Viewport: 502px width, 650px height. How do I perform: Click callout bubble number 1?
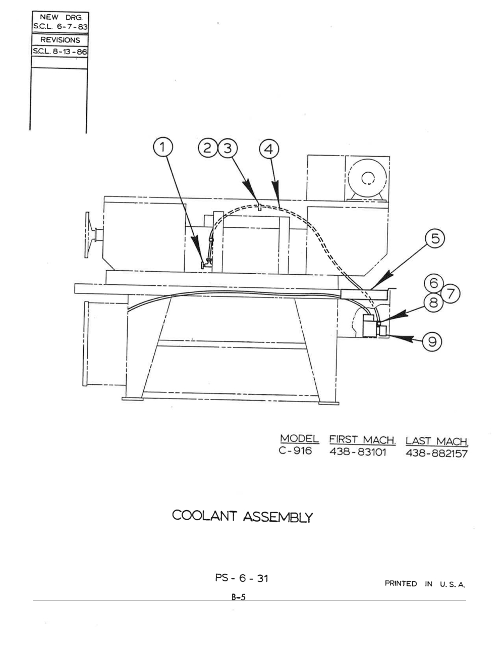162,147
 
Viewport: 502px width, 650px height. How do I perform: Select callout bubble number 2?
208,148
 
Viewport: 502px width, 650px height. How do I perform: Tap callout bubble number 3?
228,148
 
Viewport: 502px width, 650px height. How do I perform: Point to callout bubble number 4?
269,149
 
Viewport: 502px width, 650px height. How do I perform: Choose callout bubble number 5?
435,239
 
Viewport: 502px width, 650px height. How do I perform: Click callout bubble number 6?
434,283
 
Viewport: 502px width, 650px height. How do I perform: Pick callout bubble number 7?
451,294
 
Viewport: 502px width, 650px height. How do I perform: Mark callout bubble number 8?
434,303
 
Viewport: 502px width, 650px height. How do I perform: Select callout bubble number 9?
432,341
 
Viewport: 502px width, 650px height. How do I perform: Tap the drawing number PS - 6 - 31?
242,578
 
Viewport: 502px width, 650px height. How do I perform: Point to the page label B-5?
239,597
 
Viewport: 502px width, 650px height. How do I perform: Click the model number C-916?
295,451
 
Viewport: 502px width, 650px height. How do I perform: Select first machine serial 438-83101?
358,452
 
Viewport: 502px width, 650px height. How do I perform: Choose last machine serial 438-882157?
436,454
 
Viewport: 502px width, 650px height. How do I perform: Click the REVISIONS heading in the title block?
61,40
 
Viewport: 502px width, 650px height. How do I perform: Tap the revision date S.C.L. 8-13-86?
60,52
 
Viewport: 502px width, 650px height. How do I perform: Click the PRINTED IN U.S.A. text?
425,584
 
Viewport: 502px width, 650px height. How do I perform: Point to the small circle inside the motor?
368,178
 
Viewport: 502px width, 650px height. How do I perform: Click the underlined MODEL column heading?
299,439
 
